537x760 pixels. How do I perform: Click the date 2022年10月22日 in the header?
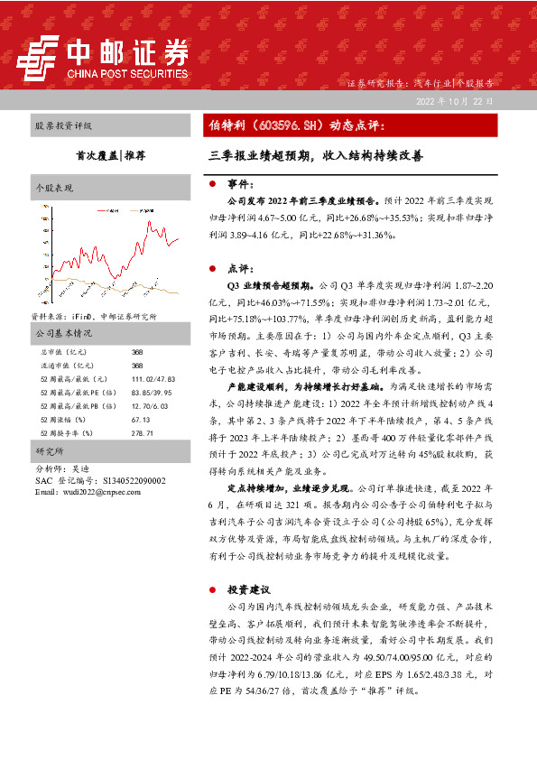click(454, 101)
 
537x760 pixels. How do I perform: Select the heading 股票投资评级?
click(62, 125)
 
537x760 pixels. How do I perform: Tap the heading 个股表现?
click(55, 189)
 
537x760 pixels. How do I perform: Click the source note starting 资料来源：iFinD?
click(93, 317)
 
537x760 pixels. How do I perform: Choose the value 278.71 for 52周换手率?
click(143, 433)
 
